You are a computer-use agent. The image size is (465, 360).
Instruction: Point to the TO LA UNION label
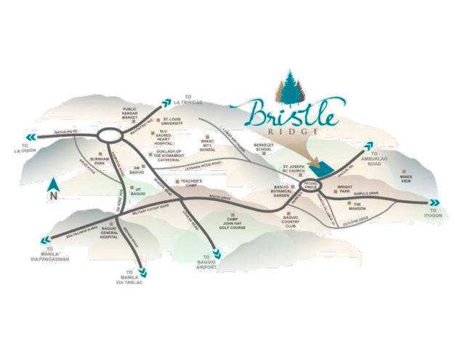click(x=18, y=150)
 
